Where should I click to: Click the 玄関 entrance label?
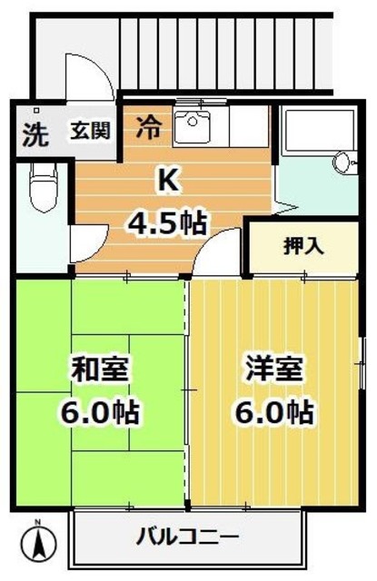pos(91,131)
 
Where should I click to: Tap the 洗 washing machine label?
pos(34,134)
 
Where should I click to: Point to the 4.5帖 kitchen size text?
pos(168,221)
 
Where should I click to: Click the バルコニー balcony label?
pos(187,536)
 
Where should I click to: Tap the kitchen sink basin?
pos(192,126)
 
